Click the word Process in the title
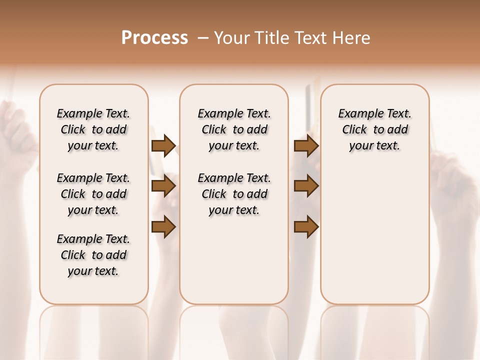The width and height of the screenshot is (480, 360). [154, 38]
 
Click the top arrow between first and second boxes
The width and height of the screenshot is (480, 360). [163, 145]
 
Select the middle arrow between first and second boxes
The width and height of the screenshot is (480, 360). [163, 186]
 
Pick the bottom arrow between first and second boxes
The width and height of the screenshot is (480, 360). [163, 227]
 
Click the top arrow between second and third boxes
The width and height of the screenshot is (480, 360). [306, 145]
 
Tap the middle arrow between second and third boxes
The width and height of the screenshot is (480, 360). [306, 186]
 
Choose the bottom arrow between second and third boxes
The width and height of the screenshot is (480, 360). [306, 227]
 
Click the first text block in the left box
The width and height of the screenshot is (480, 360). [93, 129]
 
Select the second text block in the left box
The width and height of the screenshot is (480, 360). [93, 194]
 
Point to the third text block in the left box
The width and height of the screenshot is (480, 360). [93, 255]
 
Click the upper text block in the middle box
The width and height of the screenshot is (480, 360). [234, 129]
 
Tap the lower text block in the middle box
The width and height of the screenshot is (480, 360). [234, 194]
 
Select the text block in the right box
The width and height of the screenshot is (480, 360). [374, 129]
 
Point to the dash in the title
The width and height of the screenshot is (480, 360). [202, 38]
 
